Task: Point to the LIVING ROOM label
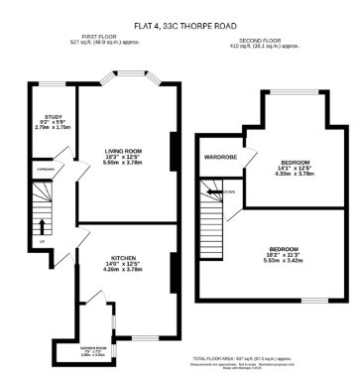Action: click(125, 150)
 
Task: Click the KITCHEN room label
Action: click(124, 256)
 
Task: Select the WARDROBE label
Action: click(219, 158)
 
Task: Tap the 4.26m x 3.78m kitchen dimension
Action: click(124, 268)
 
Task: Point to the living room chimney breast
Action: click(174, 149)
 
